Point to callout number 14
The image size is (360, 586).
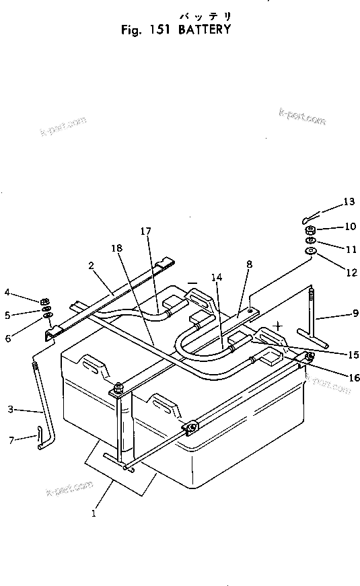215,276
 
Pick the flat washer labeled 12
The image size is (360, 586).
311,252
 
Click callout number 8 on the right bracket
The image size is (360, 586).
249,265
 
